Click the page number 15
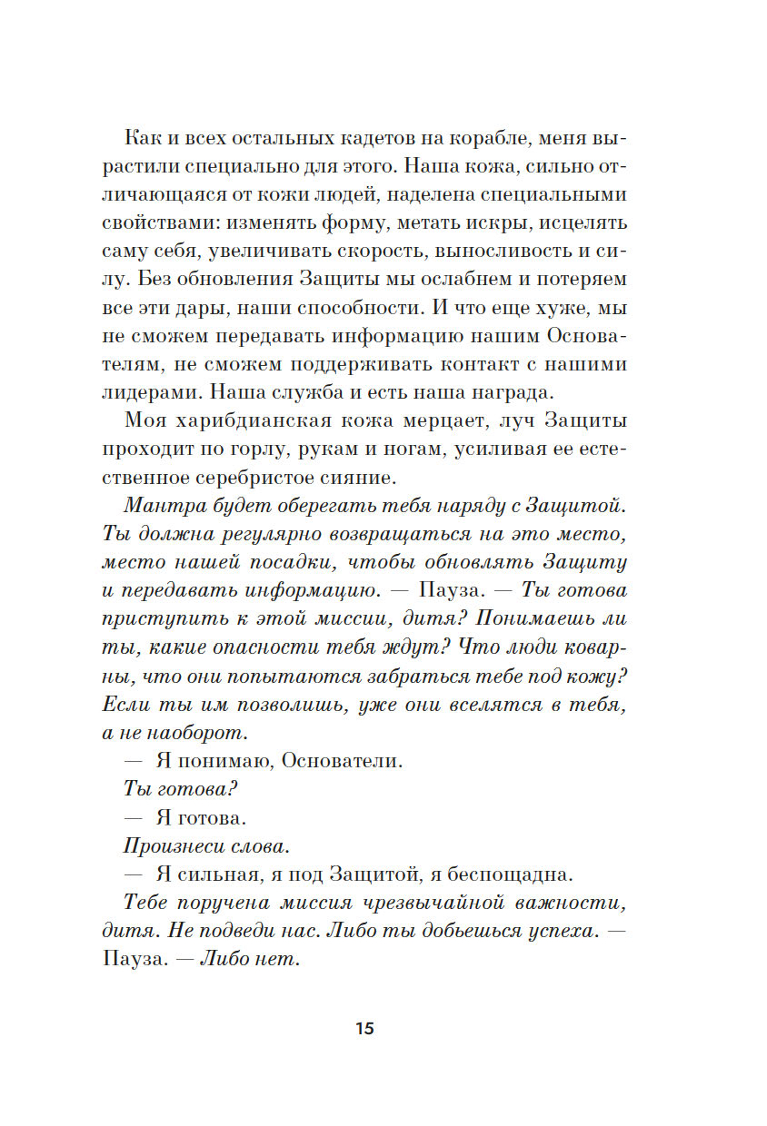pyautogui.click(x=364, y=1029)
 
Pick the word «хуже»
pyautogui.click(x=546, y=307)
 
